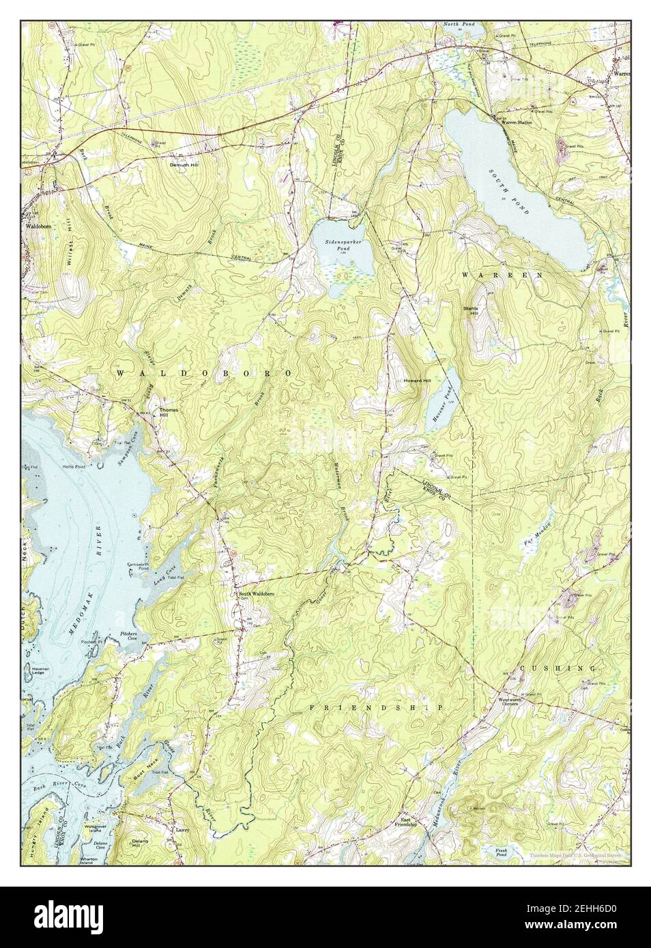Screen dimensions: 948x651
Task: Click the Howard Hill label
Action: pos(417,381)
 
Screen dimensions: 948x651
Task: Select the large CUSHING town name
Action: pos(558,668)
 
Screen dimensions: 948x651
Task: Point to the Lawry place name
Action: pos(181,831)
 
